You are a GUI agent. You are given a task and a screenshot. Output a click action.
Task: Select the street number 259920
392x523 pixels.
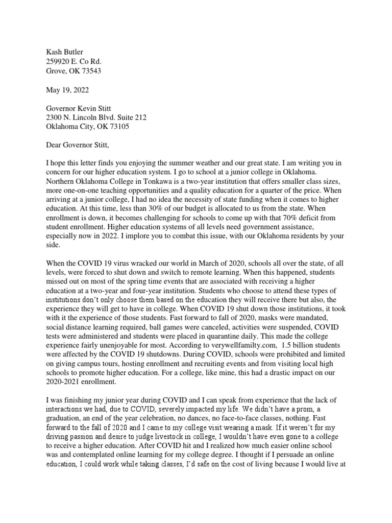pyautogui.click(x=59, y=61)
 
